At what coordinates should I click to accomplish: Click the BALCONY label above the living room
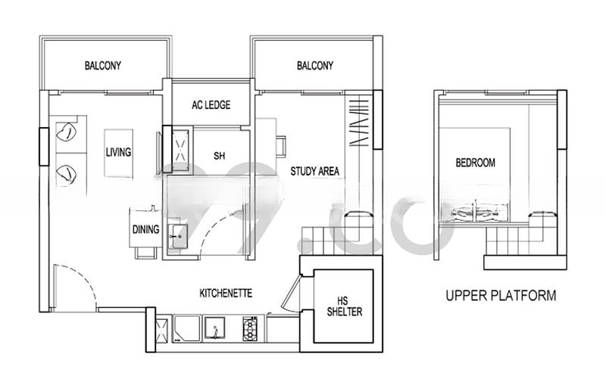pyautogui.click(x=103, y=65)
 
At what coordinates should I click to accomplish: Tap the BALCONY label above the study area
pyautogui.click(x=315, y=66)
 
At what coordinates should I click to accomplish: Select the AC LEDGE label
pyautogui.click(x=211, y=104)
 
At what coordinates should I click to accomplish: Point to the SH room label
pyautogui.click(x=219, y=156)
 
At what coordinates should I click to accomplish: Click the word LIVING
pyautogui.click(x=119, y=152)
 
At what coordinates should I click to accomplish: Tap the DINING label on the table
pyautogui.click(x=145, y=229)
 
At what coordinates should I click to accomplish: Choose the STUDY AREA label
pyautogui.click(x=315, y=171)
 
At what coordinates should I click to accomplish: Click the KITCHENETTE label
pyautogui.click(x=226, y=293)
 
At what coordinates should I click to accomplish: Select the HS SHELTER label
pyautogui.click(x=345, y=306)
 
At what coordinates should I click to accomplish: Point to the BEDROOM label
pyautogui.click(x=476, y=163)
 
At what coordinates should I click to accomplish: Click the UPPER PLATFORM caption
pyautogui.click(x=501, y=296)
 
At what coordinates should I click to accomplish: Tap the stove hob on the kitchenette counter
pyautogui.click(x=251, y=329)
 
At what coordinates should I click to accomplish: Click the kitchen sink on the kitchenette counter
pyautogui.click(x=215, y=329)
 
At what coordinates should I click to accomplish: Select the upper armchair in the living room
pyautogui.click(x=67, y=133)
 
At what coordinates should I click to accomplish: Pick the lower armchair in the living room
pyautogui.click(x=67, y=175)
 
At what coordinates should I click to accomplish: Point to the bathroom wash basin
pyautogui.click(x=178, y=236)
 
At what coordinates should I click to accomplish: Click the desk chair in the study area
pyautogui.click(x=282, y=147)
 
